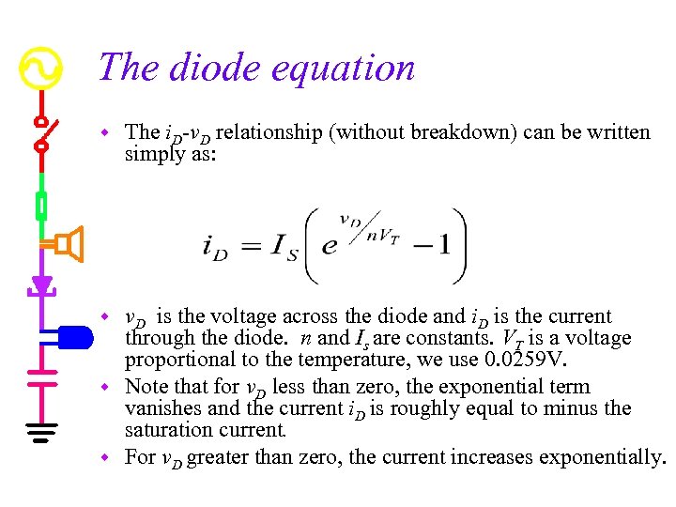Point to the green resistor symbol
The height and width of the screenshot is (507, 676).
[41, 204]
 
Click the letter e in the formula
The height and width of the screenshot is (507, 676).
[329, 247]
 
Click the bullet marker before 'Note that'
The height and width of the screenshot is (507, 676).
[108, 387]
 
